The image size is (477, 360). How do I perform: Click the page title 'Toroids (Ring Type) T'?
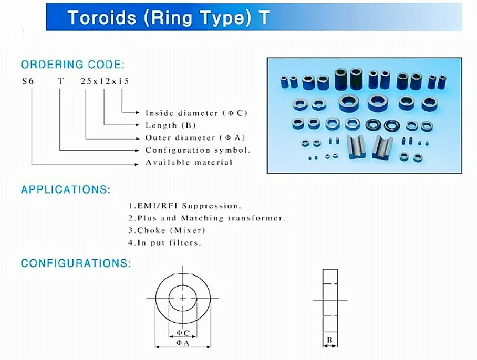pyautogui.click(x=169, y=17)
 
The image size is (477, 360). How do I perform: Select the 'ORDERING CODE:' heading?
pyautogui.click(x=72, y=65)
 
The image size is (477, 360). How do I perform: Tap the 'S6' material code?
pyautogui.click(x=28, y=81)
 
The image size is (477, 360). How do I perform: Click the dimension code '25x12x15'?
pyautogui.click(x=105, y=81)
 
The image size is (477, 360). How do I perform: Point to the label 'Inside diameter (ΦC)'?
pyautogui.click(x=196, y=113)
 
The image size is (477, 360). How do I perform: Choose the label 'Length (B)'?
pyautogui.click(x=170, y=125)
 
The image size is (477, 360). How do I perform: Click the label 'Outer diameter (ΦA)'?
pyautogui.click(x=195, y=138)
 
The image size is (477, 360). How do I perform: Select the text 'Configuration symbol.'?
pyautogui.click(x=198, y=150)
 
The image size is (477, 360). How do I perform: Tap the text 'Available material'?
pyautogui.click(x=189, y=163)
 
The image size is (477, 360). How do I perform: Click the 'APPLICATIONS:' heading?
pyautogui.click(x=66, y=189)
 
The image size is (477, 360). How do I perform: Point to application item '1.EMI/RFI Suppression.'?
pyautogui.click(x=185, y=206)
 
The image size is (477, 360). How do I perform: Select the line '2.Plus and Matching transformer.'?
pyautogui.click(x=207, y=218)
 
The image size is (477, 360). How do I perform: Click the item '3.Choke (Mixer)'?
pyautogui.click(x=167, y=230)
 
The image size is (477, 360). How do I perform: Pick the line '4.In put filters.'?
pyautogui.click(x=164, y=243)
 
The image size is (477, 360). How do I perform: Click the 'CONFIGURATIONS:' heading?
pyautogui.click(x=76, y=263)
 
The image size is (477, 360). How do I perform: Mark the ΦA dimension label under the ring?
pyautogui.click(x=183, y=343)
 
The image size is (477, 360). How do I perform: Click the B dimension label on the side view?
pyautogui.click(x=329, y=340)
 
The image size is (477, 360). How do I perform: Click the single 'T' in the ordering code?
pyautogui.click(x=61, y=81)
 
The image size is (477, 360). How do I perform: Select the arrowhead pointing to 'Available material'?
pyautogui.click(x=137, y=164)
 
